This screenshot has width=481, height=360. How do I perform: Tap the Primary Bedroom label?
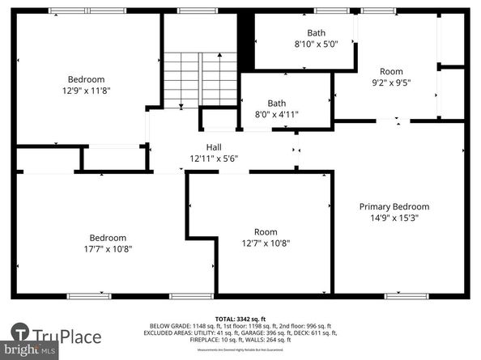coord(394,206)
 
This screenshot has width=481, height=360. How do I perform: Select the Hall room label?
coord(214,147)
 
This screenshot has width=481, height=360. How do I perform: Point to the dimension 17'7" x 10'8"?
coord(108,249)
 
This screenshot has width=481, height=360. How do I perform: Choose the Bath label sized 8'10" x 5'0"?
coord(306,44)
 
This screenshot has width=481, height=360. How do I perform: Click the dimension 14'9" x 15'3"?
coord(394,218)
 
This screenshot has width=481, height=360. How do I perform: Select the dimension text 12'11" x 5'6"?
coord(214,159)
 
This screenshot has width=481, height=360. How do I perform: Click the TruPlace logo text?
coord(70,336)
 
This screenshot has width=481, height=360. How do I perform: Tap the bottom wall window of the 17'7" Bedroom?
coord(89,295)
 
